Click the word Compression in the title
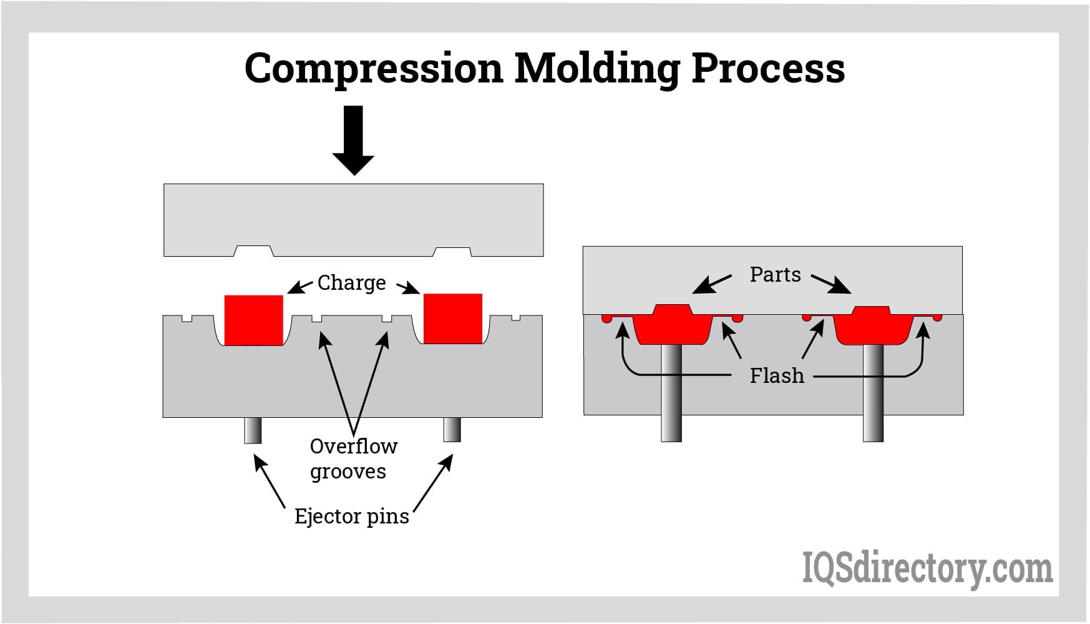(373, 68)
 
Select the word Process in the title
(768, 68)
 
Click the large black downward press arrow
(353, 140)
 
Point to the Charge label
(351, 283)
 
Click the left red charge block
(253, 320)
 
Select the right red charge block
(452, 319)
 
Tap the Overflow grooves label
(353, 458)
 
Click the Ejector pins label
(351, 517)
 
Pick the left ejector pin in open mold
(253, 430)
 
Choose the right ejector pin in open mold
(452, 430)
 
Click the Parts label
(775, 275)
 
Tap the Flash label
(777, 376)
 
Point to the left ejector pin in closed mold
(671, 394)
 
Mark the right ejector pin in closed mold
(873, 394)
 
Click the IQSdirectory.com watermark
(927, 569)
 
